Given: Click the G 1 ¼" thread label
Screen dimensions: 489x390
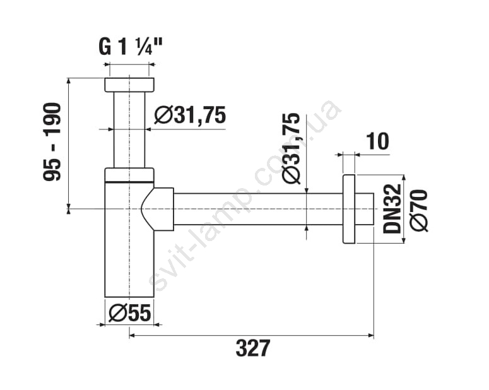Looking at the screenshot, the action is pos(131,47).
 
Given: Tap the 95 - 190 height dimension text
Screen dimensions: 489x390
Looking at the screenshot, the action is pos(52,142).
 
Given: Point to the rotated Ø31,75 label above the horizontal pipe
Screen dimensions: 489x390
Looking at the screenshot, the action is pos(291,148).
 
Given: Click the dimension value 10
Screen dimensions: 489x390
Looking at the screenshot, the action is pos(377,141).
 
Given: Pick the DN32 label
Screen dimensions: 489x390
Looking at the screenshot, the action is pos(391,208).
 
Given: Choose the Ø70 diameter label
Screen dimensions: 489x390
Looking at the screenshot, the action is pos(419,210).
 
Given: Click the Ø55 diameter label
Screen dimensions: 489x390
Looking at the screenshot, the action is pos(130,313).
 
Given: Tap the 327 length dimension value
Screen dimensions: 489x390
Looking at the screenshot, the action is pos(252,348).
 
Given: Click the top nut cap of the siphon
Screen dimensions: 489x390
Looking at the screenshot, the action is pos(129,85).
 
